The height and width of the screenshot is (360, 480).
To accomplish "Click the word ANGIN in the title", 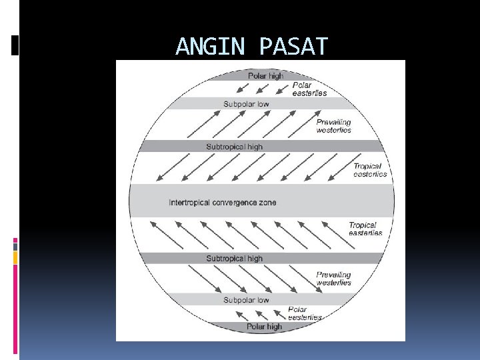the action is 213,47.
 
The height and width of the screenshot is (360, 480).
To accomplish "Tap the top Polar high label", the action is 265,76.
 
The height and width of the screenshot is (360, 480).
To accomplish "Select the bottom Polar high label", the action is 264,327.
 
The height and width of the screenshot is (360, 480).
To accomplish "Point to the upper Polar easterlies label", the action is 309,89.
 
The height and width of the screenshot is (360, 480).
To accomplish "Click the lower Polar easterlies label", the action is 304,313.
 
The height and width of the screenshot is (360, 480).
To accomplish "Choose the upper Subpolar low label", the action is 246,104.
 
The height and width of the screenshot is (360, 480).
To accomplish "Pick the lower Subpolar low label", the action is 246,300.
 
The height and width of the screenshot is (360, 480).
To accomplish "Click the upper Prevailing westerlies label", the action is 333,126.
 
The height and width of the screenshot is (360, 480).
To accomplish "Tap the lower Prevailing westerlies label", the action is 333,279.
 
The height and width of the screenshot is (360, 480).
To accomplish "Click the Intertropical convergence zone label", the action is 222,203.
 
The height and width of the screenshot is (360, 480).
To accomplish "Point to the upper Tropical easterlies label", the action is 369,170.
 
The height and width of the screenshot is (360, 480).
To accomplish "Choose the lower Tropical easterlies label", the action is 365,229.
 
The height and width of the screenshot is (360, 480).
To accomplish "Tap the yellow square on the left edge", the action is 15,257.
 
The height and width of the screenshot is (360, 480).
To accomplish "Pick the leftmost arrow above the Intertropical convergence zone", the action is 167,169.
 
